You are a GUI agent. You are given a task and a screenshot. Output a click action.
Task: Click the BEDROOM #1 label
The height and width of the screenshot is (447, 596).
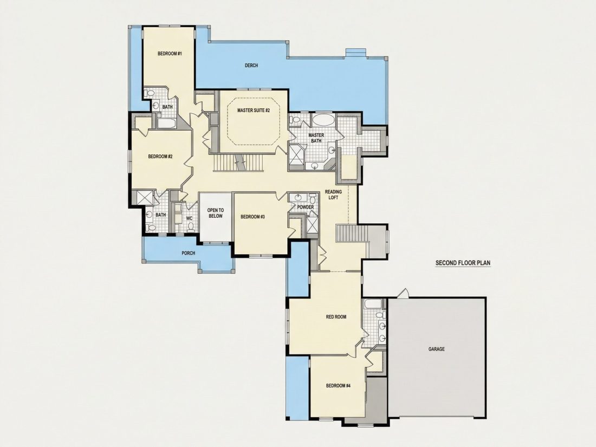[x=170, y=54]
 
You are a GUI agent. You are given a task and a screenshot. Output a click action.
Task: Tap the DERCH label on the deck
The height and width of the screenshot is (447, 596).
[x=251, y=66]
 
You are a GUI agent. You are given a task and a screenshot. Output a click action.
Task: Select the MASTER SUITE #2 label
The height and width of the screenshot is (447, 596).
[x=253, y=110]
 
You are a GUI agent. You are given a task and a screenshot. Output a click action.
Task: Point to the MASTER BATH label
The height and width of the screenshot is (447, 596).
[x=316, y=138]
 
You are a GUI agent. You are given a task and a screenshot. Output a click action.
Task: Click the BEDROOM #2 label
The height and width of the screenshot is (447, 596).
[x=160, y=156]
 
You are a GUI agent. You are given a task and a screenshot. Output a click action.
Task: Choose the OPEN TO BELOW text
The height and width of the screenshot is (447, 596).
[x=215, y=213]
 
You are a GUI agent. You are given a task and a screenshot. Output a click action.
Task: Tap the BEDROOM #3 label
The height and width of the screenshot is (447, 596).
[x=253, y=217]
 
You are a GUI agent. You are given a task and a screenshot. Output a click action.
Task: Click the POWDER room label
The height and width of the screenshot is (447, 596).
[x=305, y=207]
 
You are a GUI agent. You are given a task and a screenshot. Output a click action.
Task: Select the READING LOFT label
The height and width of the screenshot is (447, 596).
[x=333, y=195]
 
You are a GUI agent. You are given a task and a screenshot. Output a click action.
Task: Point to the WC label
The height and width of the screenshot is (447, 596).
[x=189, y=218]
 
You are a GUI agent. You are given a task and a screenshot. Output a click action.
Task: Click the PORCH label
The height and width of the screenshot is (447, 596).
[x=188, y=253]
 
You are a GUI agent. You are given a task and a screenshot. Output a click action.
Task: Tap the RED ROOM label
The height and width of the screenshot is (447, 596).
[x=336, y=316]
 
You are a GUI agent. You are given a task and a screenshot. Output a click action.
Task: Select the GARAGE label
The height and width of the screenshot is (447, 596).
[x=436, y=349]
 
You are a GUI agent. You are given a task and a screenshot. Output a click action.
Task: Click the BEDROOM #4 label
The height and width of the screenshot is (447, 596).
[x=338, y=386]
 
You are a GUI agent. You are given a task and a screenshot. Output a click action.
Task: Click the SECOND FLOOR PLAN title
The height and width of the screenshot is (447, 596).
[x=463, y=263]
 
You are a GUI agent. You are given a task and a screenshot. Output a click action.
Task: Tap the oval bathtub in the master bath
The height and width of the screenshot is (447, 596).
[x=323, y=120]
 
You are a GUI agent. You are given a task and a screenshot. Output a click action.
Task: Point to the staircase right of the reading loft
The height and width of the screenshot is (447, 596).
[x=351, y=233]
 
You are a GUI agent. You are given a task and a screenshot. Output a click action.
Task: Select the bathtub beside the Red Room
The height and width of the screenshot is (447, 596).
[x=369, y=304]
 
